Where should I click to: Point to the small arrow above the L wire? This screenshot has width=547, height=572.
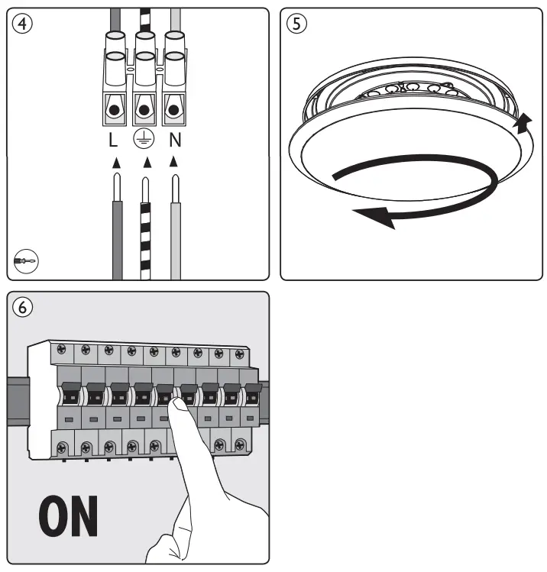pos(115,162)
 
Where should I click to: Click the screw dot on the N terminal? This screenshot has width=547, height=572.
pos(176,109)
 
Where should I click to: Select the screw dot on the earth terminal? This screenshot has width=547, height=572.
pos(144,109)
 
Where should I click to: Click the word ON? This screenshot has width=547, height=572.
pos(68,516)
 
